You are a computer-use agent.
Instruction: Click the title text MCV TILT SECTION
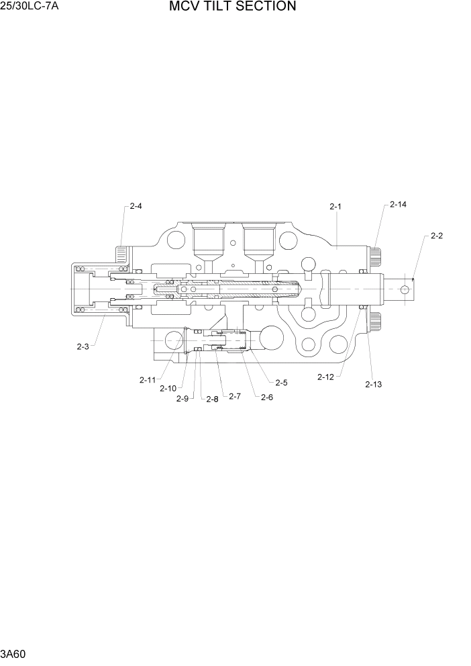pos(232,7)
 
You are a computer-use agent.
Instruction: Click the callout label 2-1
pos(335,207)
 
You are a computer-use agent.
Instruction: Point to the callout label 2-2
pos(437,236)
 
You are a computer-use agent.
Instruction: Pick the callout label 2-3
pos(83,346)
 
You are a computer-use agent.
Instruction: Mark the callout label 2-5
pos(280,383)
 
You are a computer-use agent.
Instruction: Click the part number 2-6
pos(266,397)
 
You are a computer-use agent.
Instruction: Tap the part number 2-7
pos(234,396)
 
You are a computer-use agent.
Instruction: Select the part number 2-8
pos(212,399)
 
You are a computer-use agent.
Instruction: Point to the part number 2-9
pos(182,399)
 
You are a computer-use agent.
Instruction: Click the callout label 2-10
pos(168,388)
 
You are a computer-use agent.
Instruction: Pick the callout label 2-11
pos(148,380)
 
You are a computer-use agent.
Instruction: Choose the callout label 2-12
pos(325,377)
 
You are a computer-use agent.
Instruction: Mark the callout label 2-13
pos(373,384)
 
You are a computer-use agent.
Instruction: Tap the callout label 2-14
pos(398,204)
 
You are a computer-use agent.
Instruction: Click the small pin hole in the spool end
pos(404,289)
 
